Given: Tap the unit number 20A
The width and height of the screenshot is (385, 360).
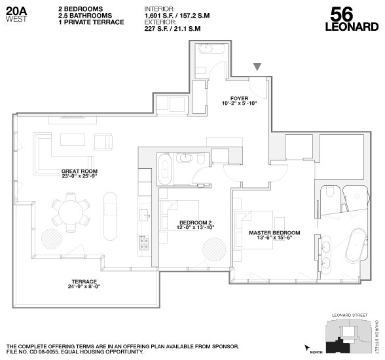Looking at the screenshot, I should [x=16, y=10].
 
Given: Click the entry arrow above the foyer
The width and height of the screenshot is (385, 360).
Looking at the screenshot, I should [x=259, y=66].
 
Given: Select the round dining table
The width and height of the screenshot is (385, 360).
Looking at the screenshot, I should [x=71, y=211].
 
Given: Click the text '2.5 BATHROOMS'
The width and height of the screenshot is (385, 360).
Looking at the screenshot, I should [x=85, y=16].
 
